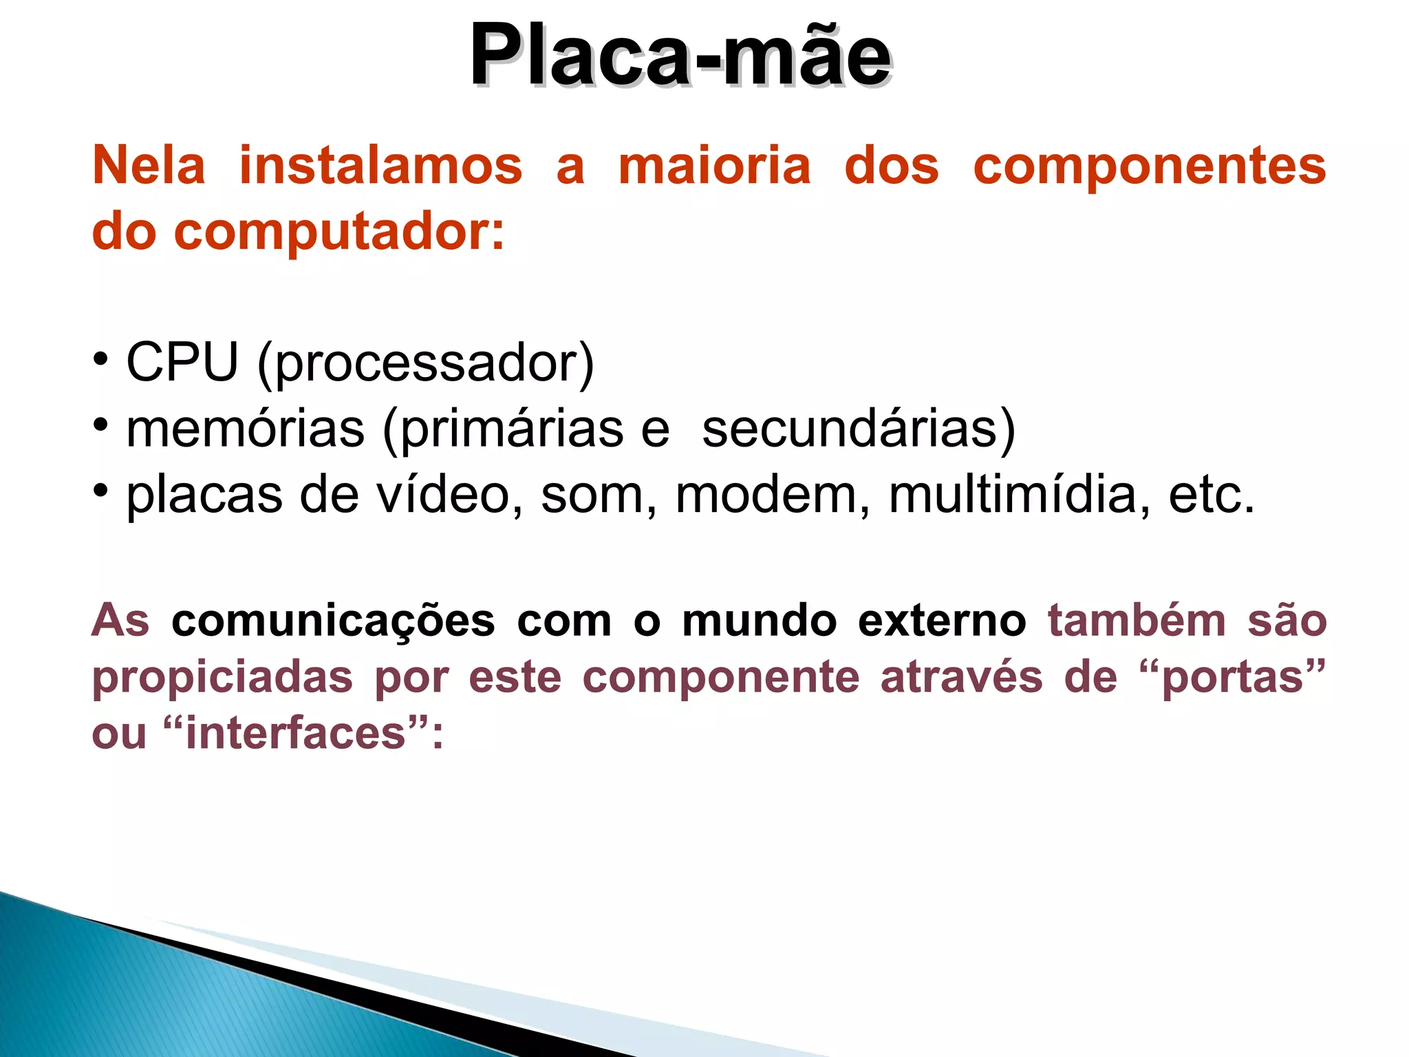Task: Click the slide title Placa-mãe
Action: pos(680,55)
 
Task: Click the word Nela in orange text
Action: pos(149,166)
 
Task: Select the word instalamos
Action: pos(380,166)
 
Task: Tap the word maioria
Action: pos(715,166)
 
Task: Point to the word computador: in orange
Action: pos(338,232)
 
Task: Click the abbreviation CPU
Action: pos(182,362)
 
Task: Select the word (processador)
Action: pos(425,363)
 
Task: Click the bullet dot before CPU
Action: pos(101,359)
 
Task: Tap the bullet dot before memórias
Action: pos(101,425)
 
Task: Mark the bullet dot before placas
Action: pos(101,491)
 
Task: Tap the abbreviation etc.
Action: pos(1212,495)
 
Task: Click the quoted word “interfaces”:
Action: pos(303,734)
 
